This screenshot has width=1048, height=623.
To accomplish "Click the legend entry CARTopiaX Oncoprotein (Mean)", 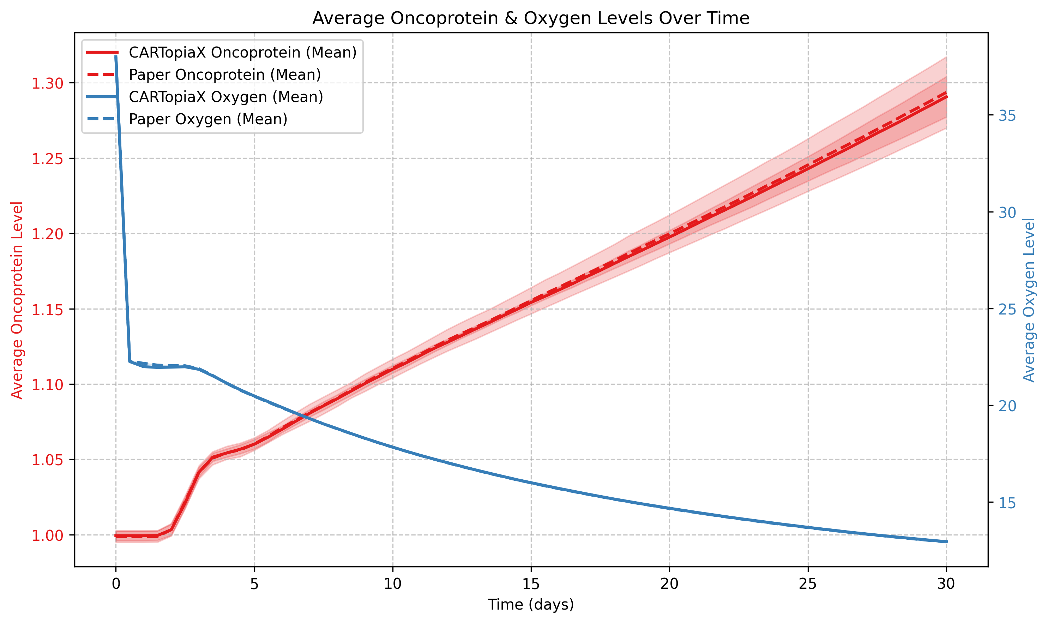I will click(242, 53).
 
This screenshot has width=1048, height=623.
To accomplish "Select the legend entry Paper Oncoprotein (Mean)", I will click(224, 75).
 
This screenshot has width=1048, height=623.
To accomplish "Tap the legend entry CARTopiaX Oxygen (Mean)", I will click(226, 97).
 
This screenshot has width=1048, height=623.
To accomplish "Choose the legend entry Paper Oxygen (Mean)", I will click(208, 119).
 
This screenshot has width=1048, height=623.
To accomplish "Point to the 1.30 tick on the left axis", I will click(47, 83).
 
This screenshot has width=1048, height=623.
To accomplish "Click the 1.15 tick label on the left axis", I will click(47, 310).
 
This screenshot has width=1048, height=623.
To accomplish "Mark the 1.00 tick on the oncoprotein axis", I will click(47, 535).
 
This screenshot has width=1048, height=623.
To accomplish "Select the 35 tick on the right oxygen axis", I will click(1007, 115).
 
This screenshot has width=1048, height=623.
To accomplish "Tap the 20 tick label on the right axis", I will click(1007, 406).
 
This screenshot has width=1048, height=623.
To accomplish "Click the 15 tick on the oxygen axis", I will click(1007, 503).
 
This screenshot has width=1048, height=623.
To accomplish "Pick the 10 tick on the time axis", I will click(392, 584).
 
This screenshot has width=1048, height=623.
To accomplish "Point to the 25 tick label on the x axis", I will click(807, 584).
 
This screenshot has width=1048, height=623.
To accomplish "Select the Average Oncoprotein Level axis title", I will click(17, 300).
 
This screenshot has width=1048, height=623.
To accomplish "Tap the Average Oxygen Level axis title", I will click(1029, 300).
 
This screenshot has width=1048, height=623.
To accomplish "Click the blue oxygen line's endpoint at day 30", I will click(946, 542).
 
